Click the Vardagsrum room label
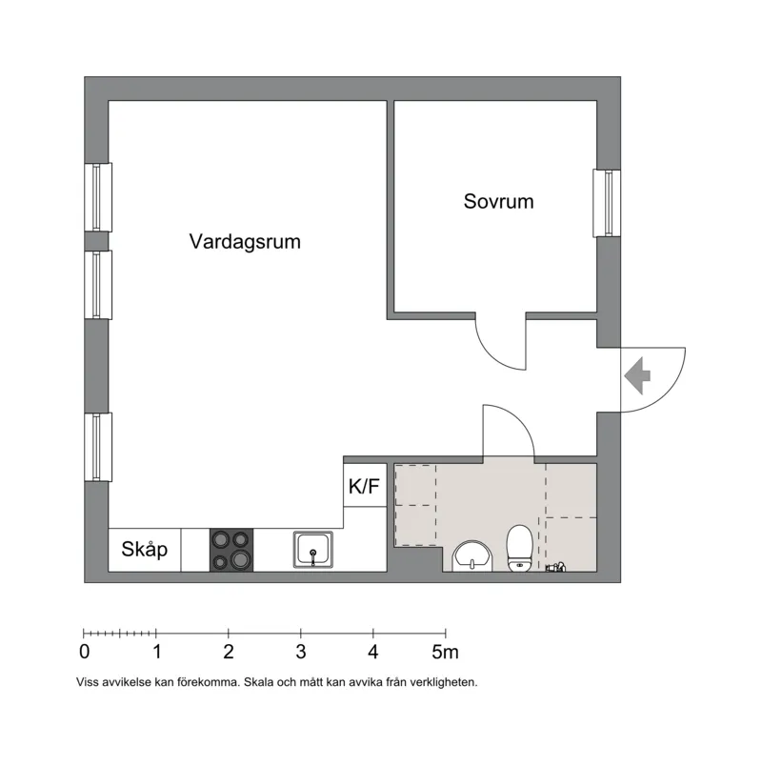click(x=245, y=242)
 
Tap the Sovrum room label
click(x=498, y=201)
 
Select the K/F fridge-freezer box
click(x=365, y=485)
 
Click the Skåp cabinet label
click(x=144, y=550)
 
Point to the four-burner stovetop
click(x=231, y=550)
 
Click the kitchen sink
click(x=313, y=550)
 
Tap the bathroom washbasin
click(x=472, y=556)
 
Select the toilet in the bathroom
click(x=519, y=548)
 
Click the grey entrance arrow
click(x=637, y=375)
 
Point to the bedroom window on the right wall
click(x=607, y=203)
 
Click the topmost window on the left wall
click(x=98, y=197)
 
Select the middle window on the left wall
click(x=98, y=285)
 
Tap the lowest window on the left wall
click(x=98, y=447)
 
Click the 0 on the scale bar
click(x=85, y=652)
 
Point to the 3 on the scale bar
click(x=301, y=652)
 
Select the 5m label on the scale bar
click(x=445, y=652)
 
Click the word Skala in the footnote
click(x=259, y=682)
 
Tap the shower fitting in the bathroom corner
click(x=556, y=567)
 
